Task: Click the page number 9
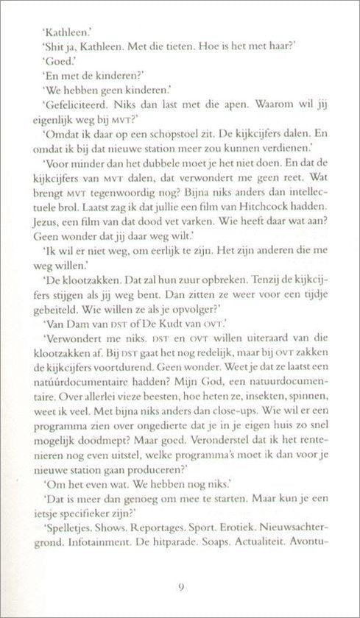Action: pos(180,587)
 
